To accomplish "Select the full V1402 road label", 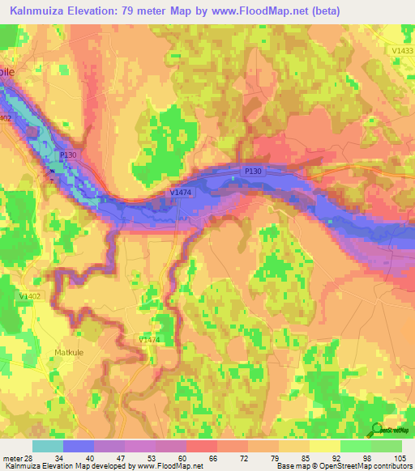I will pos(30,296).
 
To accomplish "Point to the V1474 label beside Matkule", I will pos(148,340).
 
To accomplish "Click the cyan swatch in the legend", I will pos(47,446).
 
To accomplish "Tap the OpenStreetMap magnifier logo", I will pos(374,431).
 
